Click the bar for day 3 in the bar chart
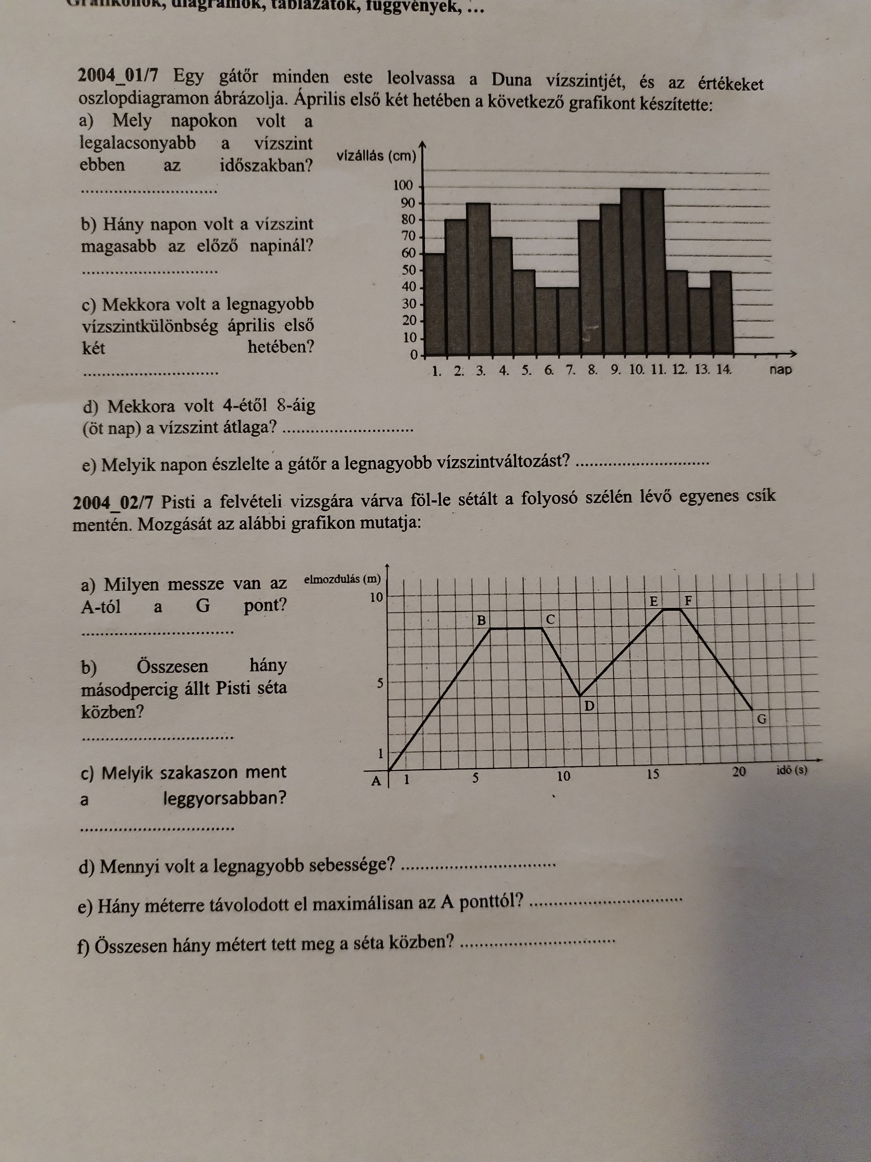pyautogui.click(x=478, y=278)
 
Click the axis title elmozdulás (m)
pyautogui.click(x=342, y=579)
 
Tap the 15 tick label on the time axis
pyautogui.click(x=652, y=774)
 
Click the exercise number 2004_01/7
pyautogui.click(x=118, y=76)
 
